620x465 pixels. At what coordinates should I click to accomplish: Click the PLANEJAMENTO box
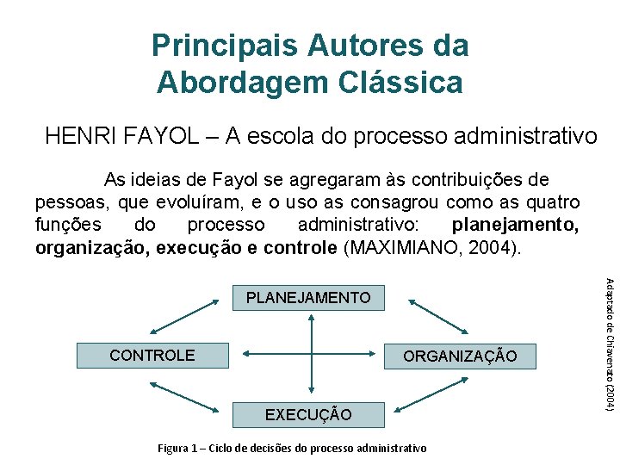308,298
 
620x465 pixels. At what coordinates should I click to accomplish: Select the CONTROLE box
153,355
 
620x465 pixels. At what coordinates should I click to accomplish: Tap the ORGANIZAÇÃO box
460,356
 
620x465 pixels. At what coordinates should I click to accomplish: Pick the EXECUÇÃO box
308,414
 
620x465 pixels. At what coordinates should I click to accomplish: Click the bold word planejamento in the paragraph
515,226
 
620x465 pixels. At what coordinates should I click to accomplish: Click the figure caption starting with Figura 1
292,448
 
